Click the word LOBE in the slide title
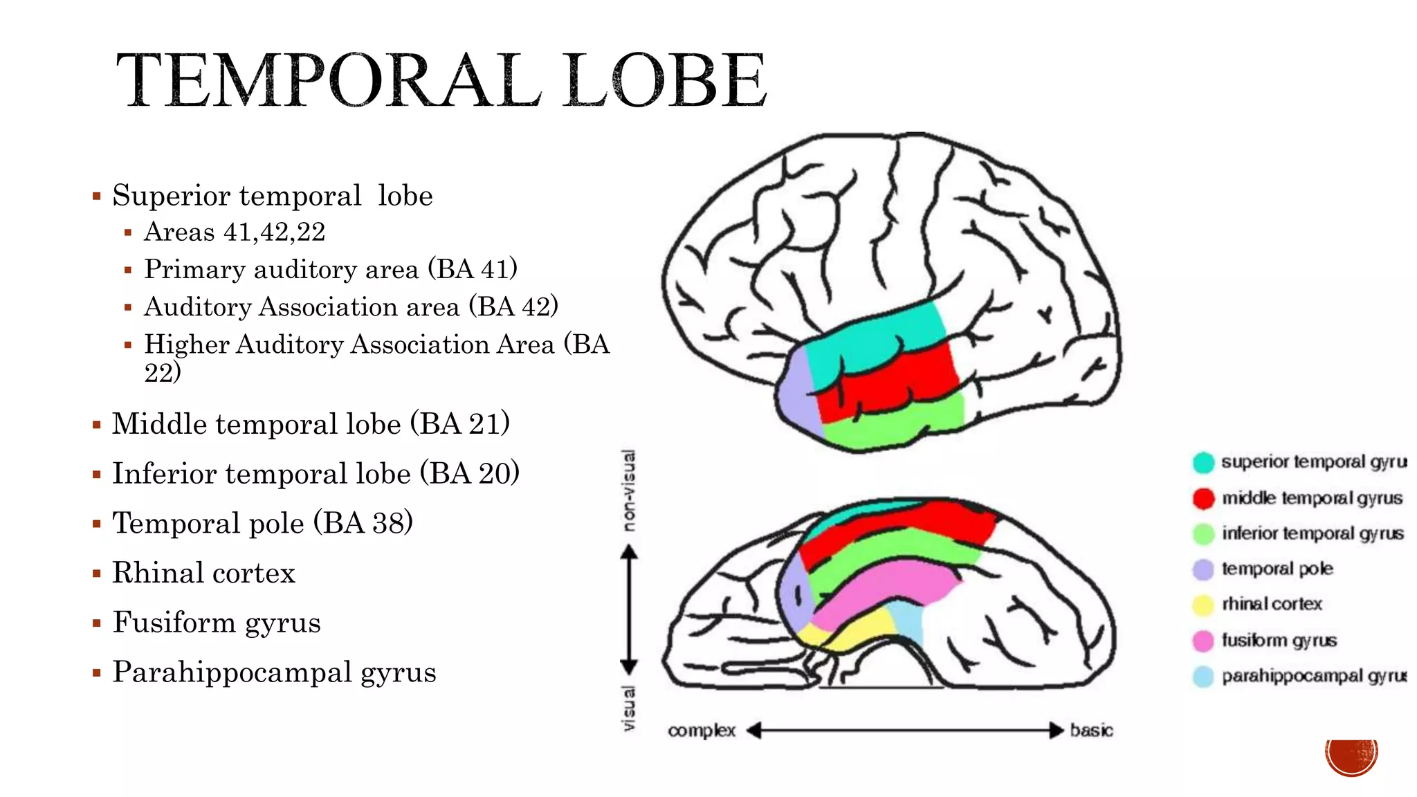click(664, 81)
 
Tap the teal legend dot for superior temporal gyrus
click(1203, 462)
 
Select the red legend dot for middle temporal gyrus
click(1203, 498)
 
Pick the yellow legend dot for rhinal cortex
click(1203, 605)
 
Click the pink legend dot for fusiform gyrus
click(1203, 641)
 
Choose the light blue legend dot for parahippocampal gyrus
click(1203, 676)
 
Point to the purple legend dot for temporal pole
click(1203, 569)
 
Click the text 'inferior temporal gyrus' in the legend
click(1313, 533)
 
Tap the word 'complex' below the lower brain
click(701, 731)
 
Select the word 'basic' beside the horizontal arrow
click(1091, 731)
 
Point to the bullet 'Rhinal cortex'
click(203, 573)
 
